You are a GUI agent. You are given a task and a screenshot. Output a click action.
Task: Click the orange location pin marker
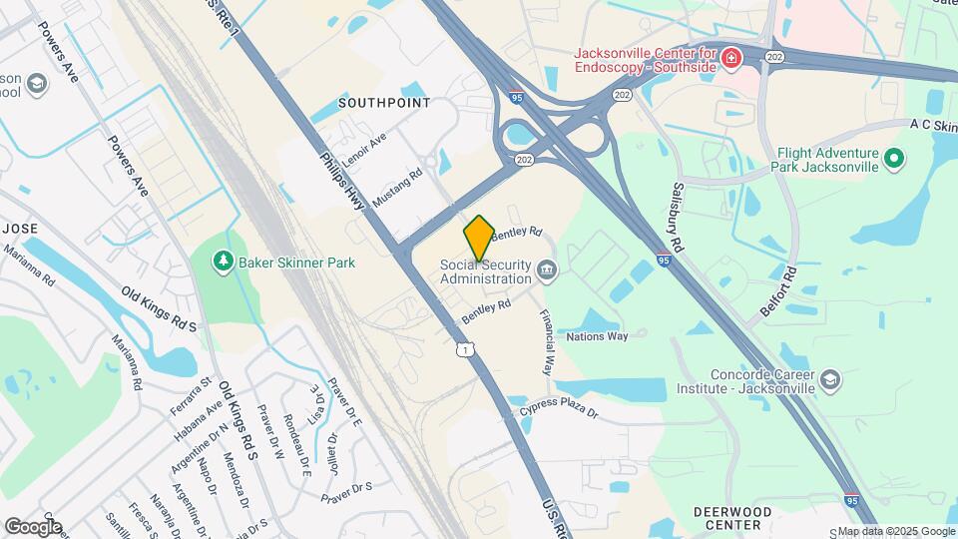(x=479, y=238)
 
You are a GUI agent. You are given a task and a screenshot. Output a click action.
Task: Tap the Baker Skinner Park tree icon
(x=223, y=262)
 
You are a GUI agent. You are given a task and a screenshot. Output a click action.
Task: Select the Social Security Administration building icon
(x=547, y=269)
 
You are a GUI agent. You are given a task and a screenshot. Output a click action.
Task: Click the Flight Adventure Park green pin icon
(x=894, y=158)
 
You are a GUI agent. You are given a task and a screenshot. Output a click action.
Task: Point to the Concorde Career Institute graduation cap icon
(x=830, y=379)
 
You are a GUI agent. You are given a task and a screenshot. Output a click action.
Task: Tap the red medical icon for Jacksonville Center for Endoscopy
(x=731, y=57)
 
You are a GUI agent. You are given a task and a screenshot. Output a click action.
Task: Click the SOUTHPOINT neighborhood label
(x=384, y=103)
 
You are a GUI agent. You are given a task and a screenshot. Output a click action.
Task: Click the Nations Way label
(x=597, y=336)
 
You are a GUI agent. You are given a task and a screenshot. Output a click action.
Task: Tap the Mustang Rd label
(x=397, y=187)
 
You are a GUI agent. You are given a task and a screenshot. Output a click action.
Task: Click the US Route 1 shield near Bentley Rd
(x=465, y=348)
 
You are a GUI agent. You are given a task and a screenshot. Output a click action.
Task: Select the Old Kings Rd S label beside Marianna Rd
(x=159, y=309)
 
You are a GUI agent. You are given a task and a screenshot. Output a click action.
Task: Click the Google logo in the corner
(x=33, y=526)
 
